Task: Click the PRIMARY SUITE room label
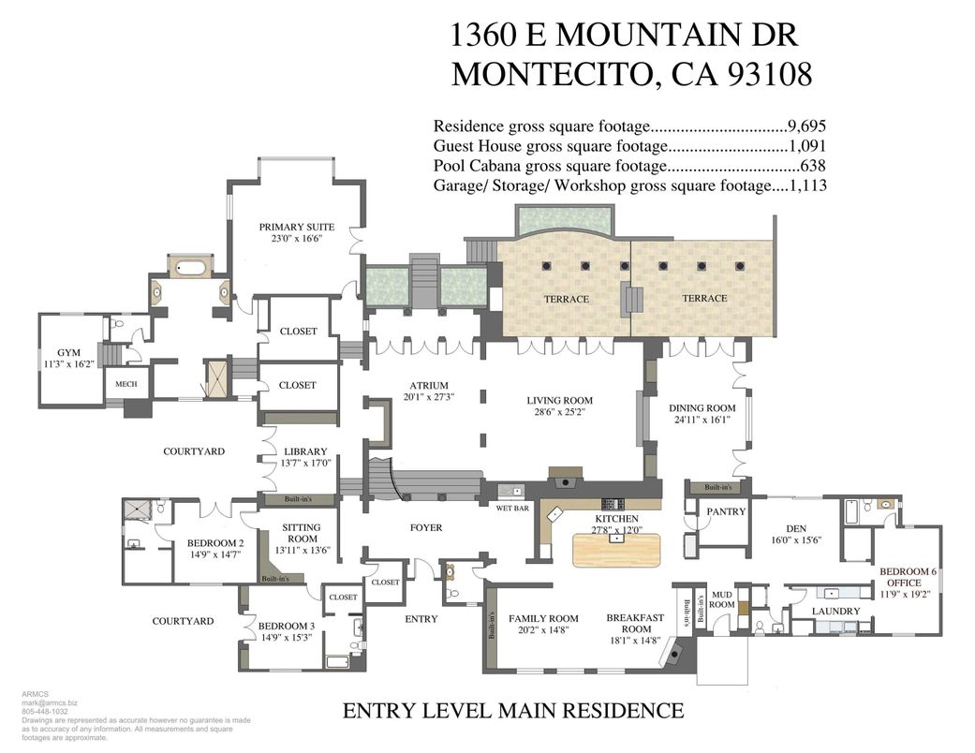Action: tap(296, 227)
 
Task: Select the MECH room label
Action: tap(126, 384)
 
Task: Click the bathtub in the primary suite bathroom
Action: tap(191, 268)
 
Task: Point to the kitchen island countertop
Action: tap(616, 547)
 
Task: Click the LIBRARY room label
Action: tap(305, 451)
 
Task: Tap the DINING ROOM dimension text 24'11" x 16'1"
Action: tap(702, 420)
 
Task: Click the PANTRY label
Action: tap(726, 511)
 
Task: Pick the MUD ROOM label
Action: tap(721, 599)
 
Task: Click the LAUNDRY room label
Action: tap(835, 611)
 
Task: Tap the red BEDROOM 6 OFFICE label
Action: tap(907, 577)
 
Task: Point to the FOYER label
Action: tap(425, 527)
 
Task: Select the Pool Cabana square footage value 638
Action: tap(812, 166)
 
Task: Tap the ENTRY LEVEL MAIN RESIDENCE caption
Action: tap(512, 710)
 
